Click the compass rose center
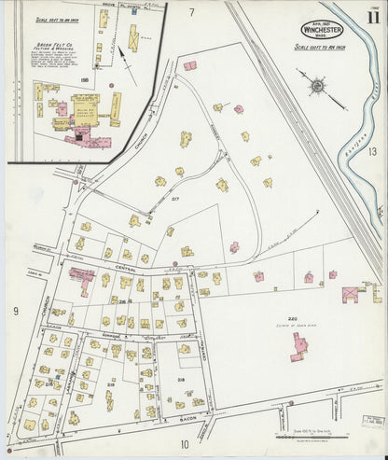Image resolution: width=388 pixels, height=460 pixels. point(317,87)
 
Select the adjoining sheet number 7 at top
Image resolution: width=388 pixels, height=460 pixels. point(191,12)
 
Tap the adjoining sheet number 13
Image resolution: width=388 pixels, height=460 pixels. point(371,151)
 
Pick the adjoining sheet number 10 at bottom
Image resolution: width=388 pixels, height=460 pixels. point(184,444)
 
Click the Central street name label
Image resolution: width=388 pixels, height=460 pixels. point(127,268)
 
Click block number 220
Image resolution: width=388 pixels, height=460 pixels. point(292,317)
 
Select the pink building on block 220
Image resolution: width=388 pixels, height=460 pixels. point(300,349)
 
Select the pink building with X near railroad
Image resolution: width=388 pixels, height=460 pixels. point(351,294)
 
